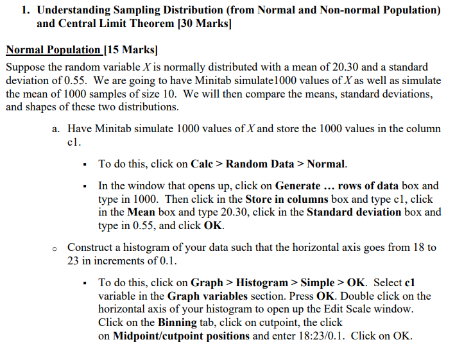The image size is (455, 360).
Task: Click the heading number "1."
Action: coord(25,10)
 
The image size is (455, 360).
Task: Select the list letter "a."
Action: coord(56,128)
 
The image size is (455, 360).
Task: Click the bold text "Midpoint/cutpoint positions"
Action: coord(181,336)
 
